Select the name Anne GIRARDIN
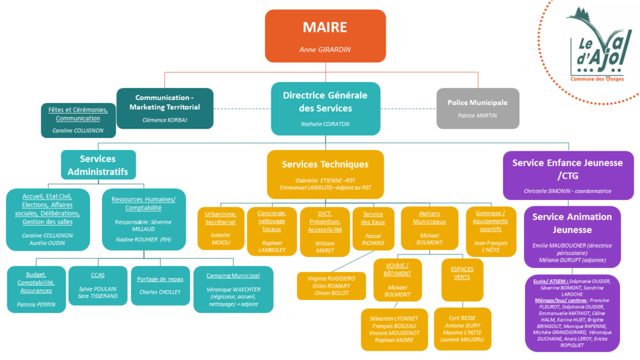(x=325, y=50)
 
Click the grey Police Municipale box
(x=477, y=108)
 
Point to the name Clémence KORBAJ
(x=164, y=119)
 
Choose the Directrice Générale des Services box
(x=325, y=108)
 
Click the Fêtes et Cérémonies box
(x=78, y=120)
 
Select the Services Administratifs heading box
(x=97, y=165)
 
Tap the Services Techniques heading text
(x=325, y=164)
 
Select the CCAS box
(x=97, y=285)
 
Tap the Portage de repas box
(x=159, y=285)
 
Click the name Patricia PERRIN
(x=36, y=304)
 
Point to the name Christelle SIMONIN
(x=567, y=191)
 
